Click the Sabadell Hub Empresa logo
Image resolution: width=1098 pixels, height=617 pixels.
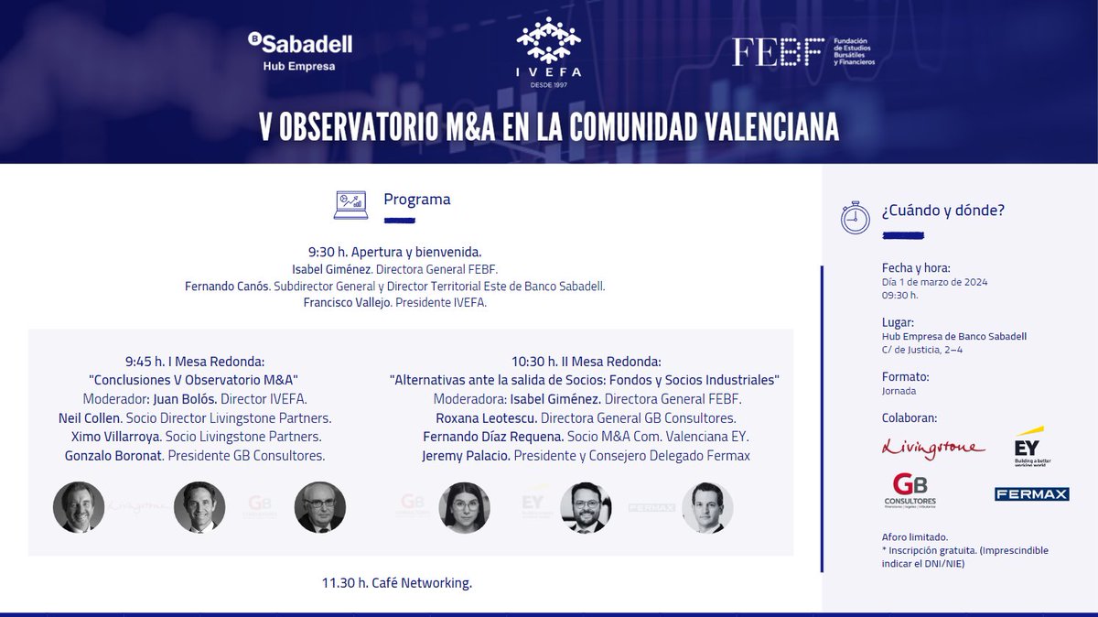(x=299, y=51)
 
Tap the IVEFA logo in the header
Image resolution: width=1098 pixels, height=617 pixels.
(x=549, y=52)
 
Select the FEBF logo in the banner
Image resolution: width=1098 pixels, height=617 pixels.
(x=803, y=51)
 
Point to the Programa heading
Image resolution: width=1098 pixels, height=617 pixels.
(x=416, y=200)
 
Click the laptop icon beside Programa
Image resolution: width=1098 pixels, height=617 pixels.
(x=350, y=204)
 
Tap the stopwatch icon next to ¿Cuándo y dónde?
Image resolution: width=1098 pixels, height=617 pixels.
(x=856, y=216)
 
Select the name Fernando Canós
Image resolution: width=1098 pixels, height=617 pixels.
(x=227, y=287)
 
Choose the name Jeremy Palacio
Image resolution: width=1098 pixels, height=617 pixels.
(x=465, y=455)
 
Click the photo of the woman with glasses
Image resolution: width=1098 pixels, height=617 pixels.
(x=465, y=507)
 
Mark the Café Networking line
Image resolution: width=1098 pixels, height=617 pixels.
(x=397, y=582)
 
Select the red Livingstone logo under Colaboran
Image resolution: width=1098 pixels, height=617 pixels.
(x=933, y=448)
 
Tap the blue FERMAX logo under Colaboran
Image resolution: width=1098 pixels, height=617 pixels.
(x=1031, y=494)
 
